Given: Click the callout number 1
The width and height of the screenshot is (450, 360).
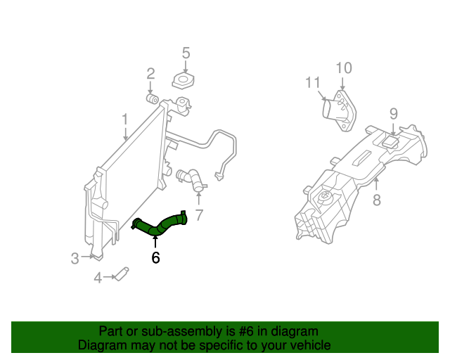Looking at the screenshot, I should (x=124, y=120).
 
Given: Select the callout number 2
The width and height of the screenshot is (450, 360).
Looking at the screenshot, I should (x=150, y=74).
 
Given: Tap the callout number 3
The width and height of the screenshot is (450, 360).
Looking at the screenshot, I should (x=75, y=259).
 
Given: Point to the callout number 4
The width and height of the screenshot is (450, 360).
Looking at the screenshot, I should (x=98, y=278).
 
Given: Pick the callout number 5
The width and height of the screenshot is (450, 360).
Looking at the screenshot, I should (x=186, y=53).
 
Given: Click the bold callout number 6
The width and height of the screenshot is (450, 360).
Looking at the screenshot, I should (x=155, y=258).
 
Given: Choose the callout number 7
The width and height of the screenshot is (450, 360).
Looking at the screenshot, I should (x=199, y=215).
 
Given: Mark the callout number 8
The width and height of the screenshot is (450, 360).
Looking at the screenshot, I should (x=377, y=200).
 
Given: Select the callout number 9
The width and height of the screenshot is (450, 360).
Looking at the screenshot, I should (x=394, y=113).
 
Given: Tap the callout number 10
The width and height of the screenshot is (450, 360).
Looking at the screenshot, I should (x=343, y=68).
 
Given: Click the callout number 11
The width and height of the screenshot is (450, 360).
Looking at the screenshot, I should (x=313, y=83).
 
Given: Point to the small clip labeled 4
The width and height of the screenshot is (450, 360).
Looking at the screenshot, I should (x=121, y=274).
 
